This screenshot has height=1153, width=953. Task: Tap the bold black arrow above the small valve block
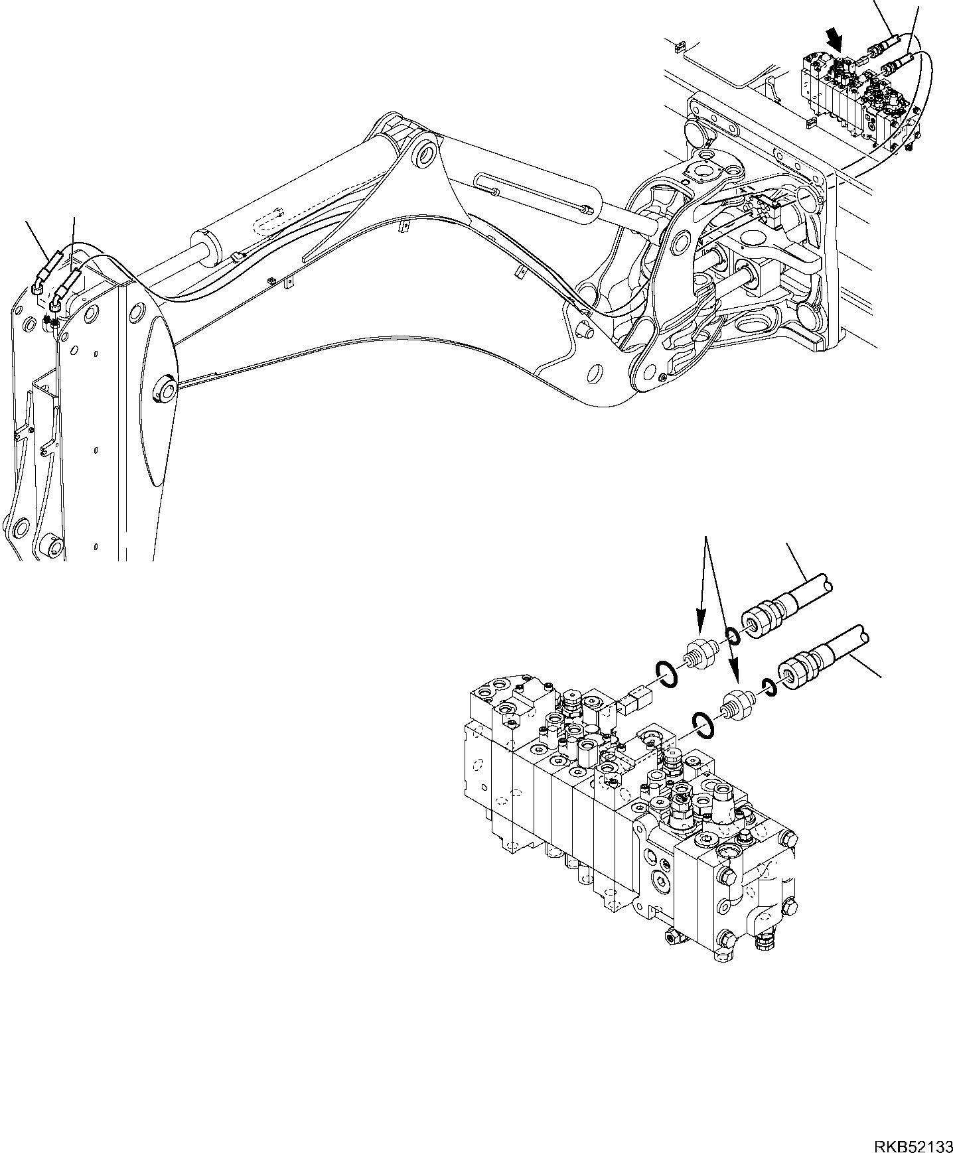pyautogui.click(x=835, y=42)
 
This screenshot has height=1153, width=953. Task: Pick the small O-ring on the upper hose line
pyautogui.click(x=733, y=638)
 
